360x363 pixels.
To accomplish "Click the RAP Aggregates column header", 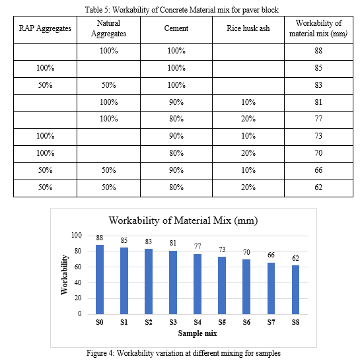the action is pyautogui.click(x=45, y=28).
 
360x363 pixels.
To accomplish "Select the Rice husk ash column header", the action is pyautogui.click(x=248, y=28).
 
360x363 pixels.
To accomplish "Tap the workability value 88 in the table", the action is pyautogui.click(x=318, y=50).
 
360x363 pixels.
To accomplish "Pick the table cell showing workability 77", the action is pyautogui.click(x=318, y=119).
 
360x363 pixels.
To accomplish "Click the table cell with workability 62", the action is pyautogui.click(x=318, y=187).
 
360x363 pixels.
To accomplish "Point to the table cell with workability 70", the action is pyautogui.click(x=318, y=153).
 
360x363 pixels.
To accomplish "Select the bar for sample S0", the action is pyautogui.click(x=100, y=279).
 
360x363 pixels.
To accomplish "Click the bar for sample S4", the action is pyautogui.click(x=198, y=284).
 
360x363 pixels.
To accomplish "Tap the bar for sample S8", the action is pyautogui.click(x=295, y=290).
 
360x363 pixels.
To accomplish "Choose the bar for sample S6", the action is pyautogui.click(x=246, y=286).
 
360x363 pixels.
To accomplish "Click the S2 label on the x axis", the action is pyautogui.click(x=149, y=322).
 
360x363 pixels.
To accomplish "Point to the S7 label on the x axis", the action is pyautogui.click(x=271, y=322).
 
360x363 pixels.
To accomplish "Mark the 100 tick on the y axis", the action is pyautogui.click(x=77, y=235).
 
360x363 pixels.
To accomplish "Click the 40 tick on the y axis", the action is pyautogui.click(x=78, y=282).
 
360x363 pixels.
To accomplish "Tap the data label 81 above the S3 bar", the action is pyautogui.click(x=173, y=243).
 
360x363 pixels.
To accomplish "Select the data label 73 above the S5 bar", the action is pyautogui.click(x=222, y=249).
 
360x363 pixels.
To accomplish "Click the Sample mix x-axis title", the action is pyautogui.click(x=198, y=333).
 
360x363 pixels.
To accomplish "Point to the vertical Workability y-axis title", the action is pyautogui.click(x=64, y=275).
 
